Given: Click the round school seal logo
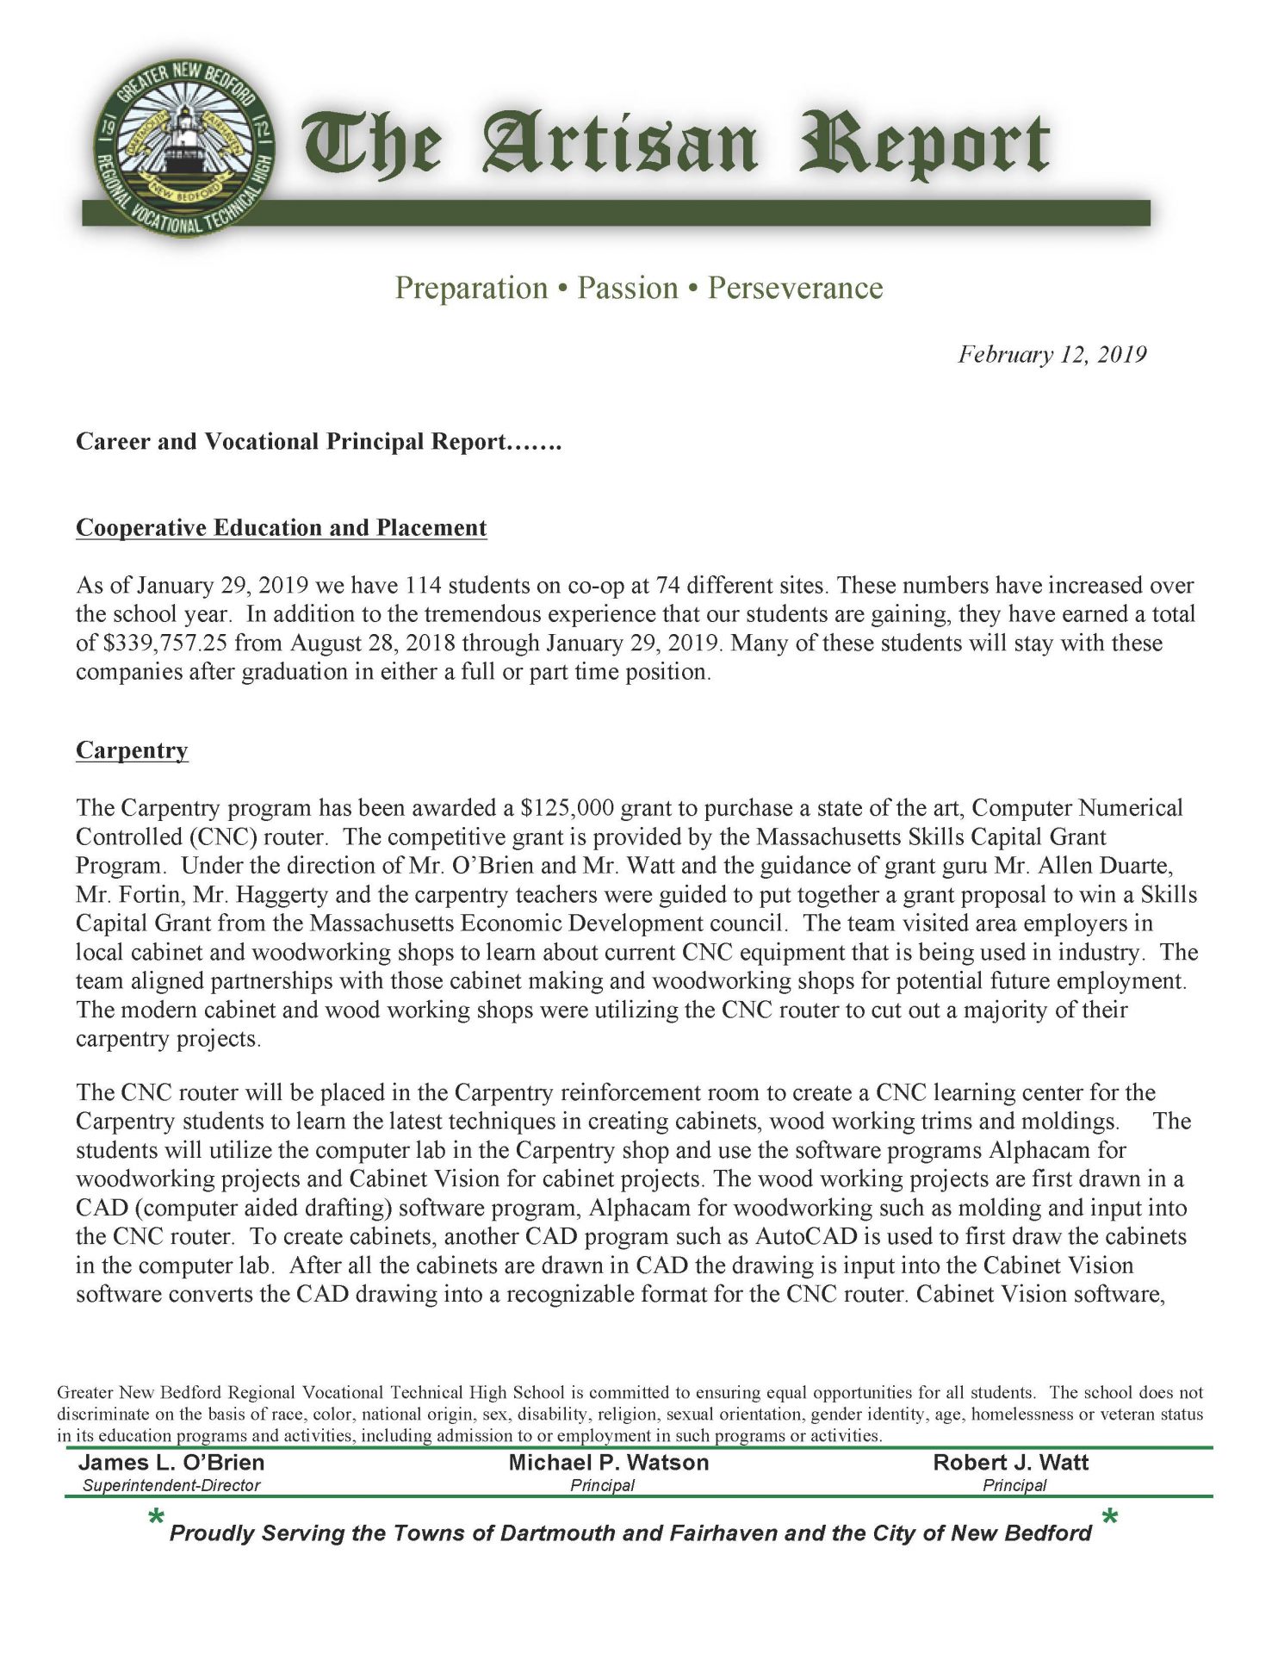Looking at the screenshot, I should (183, 147).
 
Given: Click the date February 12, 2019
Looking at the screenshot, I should (1052, 355).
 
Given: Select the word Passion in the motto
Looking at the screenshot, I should (627, 288).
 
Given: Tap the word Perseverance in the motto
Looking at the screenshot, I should (795, 288).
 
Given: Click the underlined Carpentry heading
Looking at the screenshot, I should (132, 750).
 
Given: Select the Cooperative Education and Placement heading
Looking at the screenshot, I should (282, 527).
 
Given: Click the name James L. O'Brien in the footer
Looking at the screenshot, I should (171, 1463).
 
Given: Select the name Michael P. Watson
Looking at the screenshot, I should (608, 1463).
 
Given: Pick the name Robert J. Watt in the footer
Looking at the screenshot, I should (1010, 1463).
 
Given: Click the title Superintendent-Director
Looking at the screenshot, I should (171, 1485).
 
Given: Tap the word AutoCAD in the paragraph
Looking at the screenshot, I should (806, 1237).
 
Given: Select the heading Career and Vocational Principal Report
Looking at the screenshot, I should (319, 442).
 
